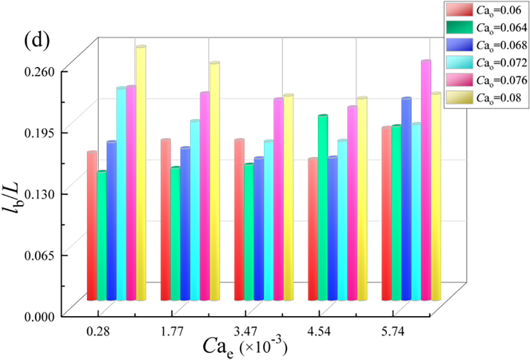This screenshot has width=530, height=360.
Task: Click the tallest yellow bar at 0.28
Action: [141, 172]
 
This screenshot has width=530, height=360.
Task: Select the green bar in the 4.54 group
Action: [323, 208]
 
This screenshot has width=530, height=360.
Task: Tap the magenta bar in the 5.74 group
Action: [426, 180]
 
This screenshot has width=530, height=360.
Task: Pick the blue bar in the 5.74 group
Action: [406, 200]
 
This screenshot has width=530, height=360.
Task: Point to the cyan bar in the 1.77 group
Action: [195, 211]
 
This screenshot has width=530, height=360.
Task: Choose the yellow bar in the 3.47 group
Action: [288, 197]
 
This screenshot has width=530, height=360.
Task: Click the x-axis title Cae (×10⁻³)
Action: [244, 348]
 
